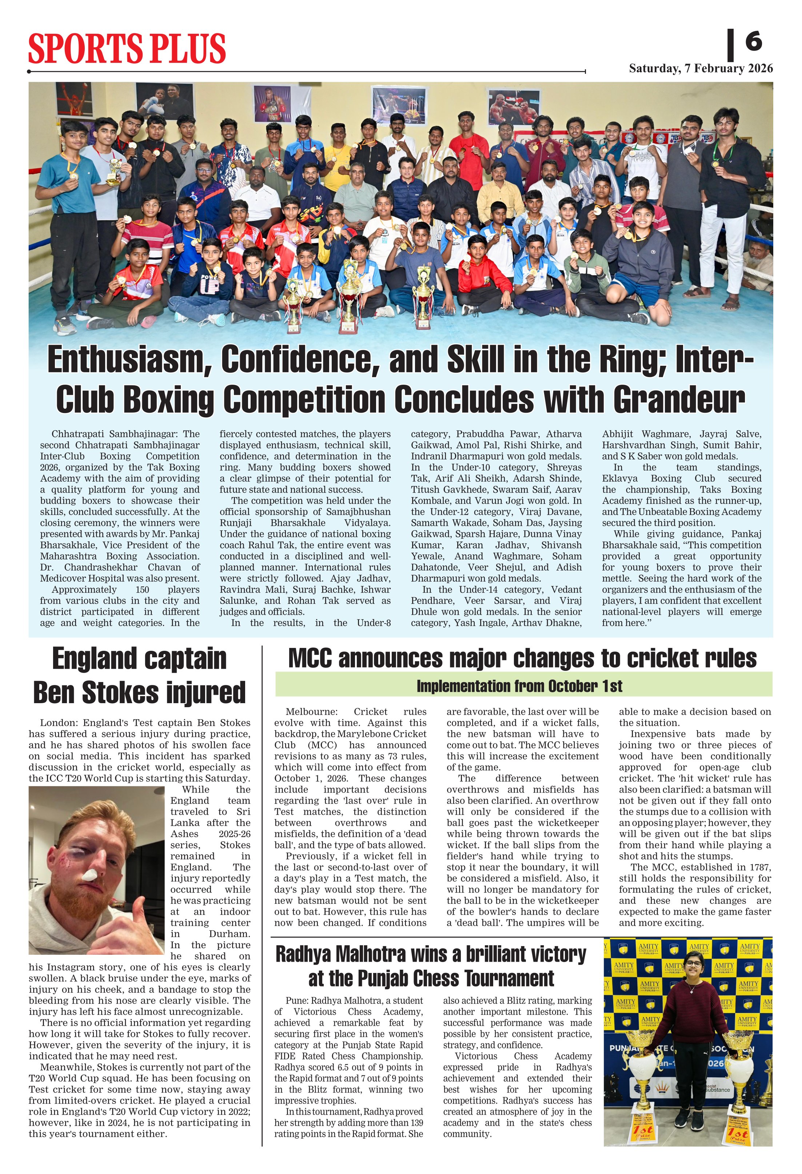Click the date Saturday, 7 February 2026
click(701, 69)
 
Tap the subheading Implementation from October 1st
click(519, 686)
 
